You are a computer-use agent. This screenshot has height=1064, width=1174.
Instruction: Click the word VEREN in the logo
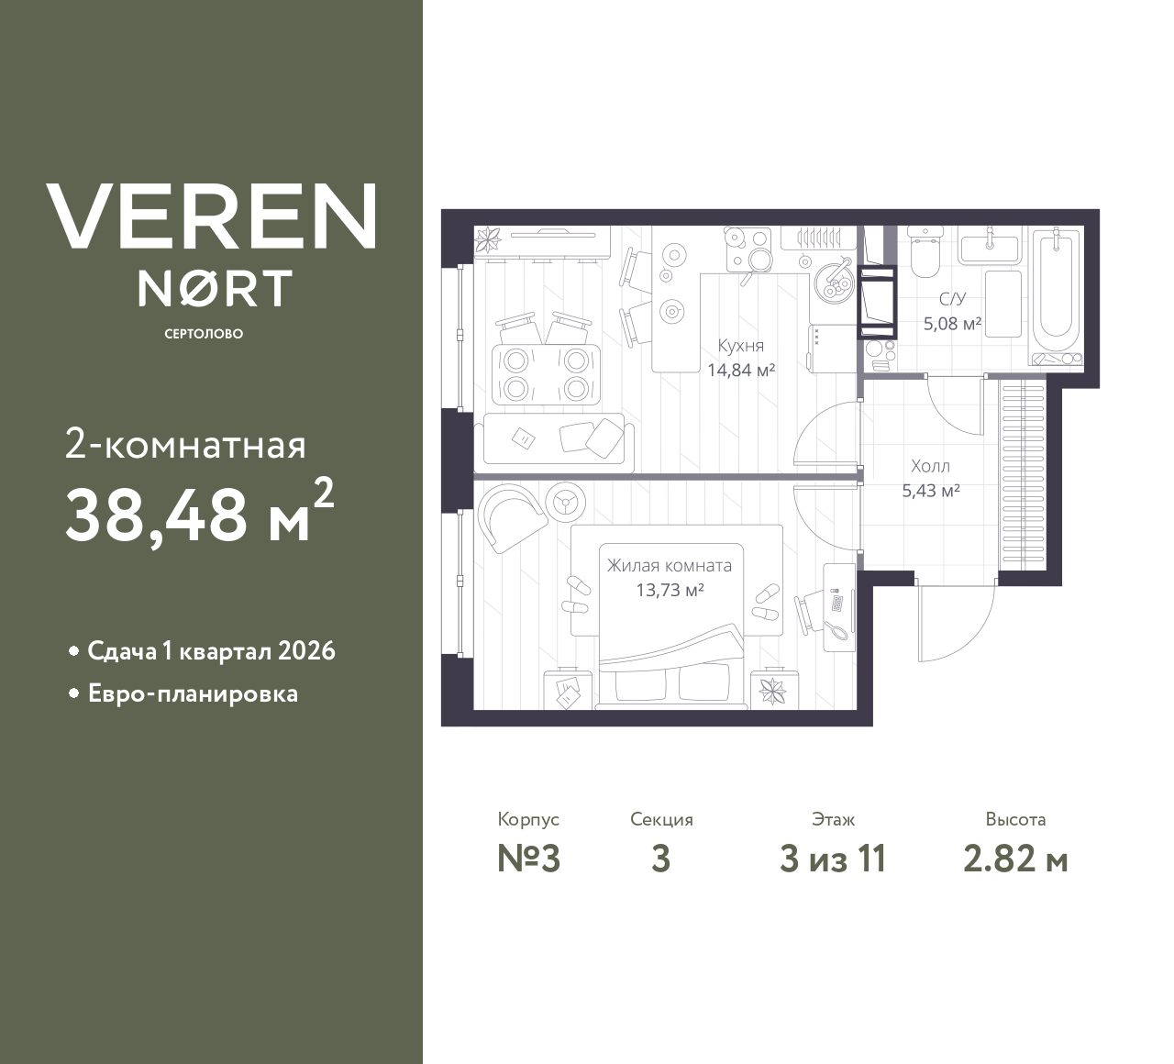[x=211, y=217]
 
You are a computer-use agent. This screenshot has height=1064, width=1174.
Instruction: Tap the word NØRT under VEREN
[x=215, y=288]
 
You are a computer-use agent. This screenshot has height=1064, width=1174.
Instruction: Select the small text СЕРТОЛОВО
[x=205, y=334]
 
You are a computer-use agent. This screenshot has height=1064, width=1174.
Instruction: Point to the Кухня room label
[x=741, y=346]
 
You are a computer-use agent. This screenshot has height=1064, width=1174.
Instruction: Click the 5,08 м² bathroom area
[x=952, y=324]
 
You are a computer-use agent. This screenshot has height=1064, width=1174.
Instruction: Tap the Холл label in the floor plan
[x=931, y=467]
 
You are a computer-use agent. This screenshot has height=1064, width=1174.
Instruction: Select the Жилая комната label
[x=670, y=565]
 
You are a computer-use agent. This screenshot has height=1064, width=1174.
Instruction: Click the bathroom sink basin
[x=989, y=249]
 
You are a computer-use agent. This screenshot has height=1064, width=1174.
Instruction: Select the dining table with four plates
[x=546, y=374]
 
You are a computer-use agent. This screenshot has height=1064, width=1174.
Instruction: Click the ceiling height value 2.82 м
[x=1015, y=860]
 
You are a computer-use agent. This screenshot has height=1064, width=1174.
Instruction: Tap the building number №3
[x=528, y=859]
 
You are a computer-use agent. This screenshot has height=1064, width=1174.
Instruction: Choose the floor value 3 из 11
[x=833, y=859]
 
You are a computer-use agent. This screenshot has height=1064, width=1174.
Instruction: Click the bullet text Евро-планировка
[x=193, y=694]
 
